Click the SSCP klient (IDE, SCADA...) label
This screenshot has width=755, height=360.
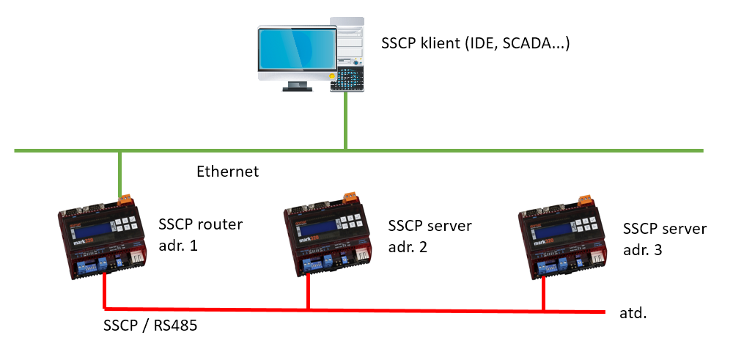[476, 44]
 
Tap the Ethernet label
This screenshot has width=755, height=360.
[228, 172]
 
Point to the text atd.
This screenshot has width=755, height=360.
[633, 314]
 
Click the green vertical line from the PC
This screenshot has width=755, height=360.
[345, 121]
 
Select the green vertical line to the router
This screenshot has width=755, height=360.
[119, 174]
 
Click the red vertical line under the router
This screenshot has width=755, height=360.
[105, 290]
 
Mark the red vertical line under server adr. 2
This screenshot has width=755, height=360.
[308, 291]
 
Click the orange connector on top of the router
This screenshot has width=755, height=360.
[125, 198]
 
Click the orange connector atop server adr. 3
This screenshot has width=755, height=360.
[585, 199]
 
